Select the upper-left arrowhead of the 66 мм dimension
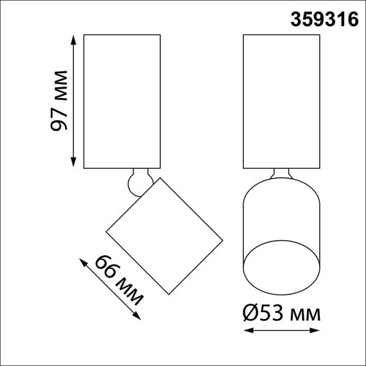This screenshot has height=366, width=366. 82,261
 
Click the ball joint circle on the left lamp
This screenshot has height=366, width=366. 137,182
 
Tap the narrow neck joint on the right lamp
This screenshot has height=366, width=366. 282,174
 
